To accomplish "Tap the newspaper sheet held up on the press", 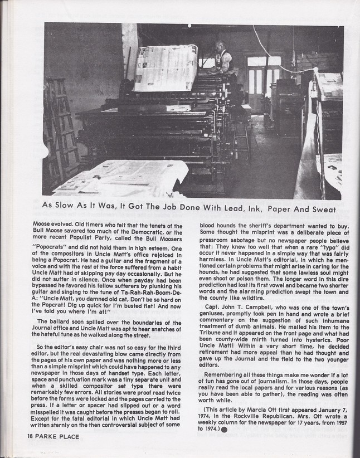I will click(x=165, y=67).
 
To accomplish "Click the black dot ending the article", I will click(x=223, y=430).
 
